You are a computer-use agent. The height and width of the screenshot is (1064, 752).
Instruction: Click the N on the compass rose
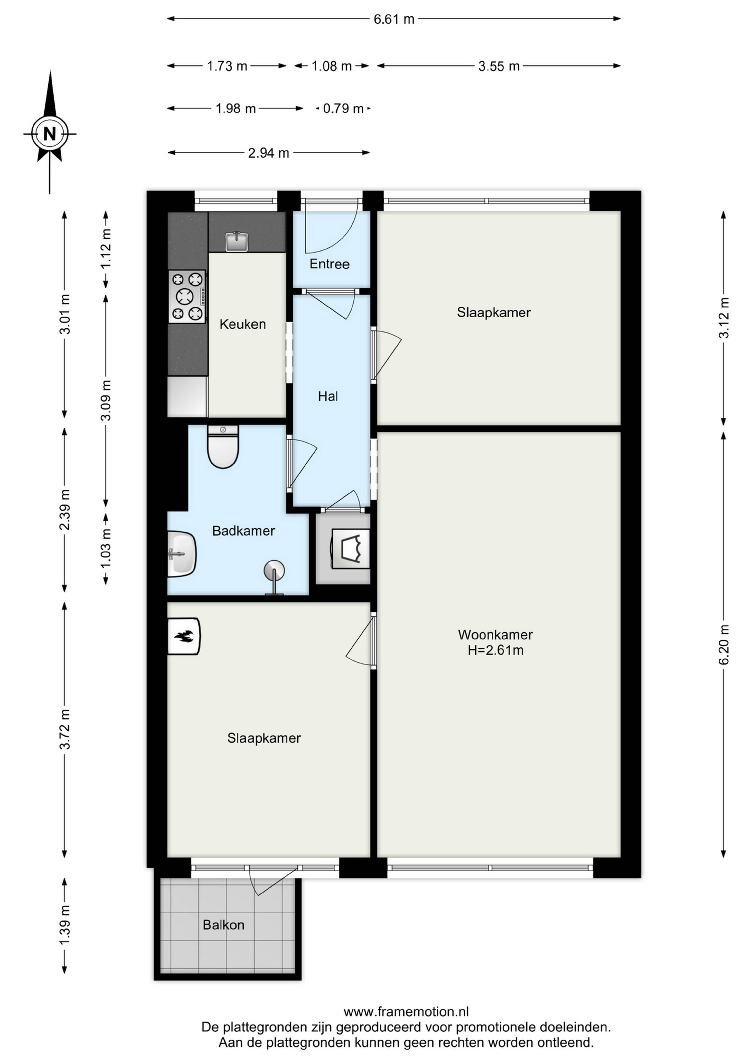(x=50, y=134)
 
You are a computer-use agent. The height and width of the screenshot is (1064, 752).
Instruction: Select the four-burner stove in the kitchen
(x=187, y=297)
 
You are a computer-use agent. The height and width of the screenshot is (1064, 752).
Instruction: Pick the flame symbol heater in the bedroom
(x=184, y=636)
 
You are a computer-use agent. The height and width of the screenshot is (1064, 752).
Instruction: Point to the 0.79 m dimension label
(x=343, y=109)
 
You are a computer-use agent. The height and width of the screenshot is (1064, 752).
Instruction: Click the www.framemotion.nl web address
(x=406, y=1011)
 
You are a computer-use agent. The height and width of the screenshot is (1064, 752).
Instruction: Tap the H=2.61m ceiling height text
(x=495, y=650)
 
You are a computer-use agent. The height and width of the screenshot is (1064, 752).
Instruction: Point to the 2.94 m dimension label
(x=268, y=153)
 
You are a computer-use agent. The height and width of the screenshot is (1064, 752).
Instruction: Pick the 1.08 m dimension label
(x=332, y=66)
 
